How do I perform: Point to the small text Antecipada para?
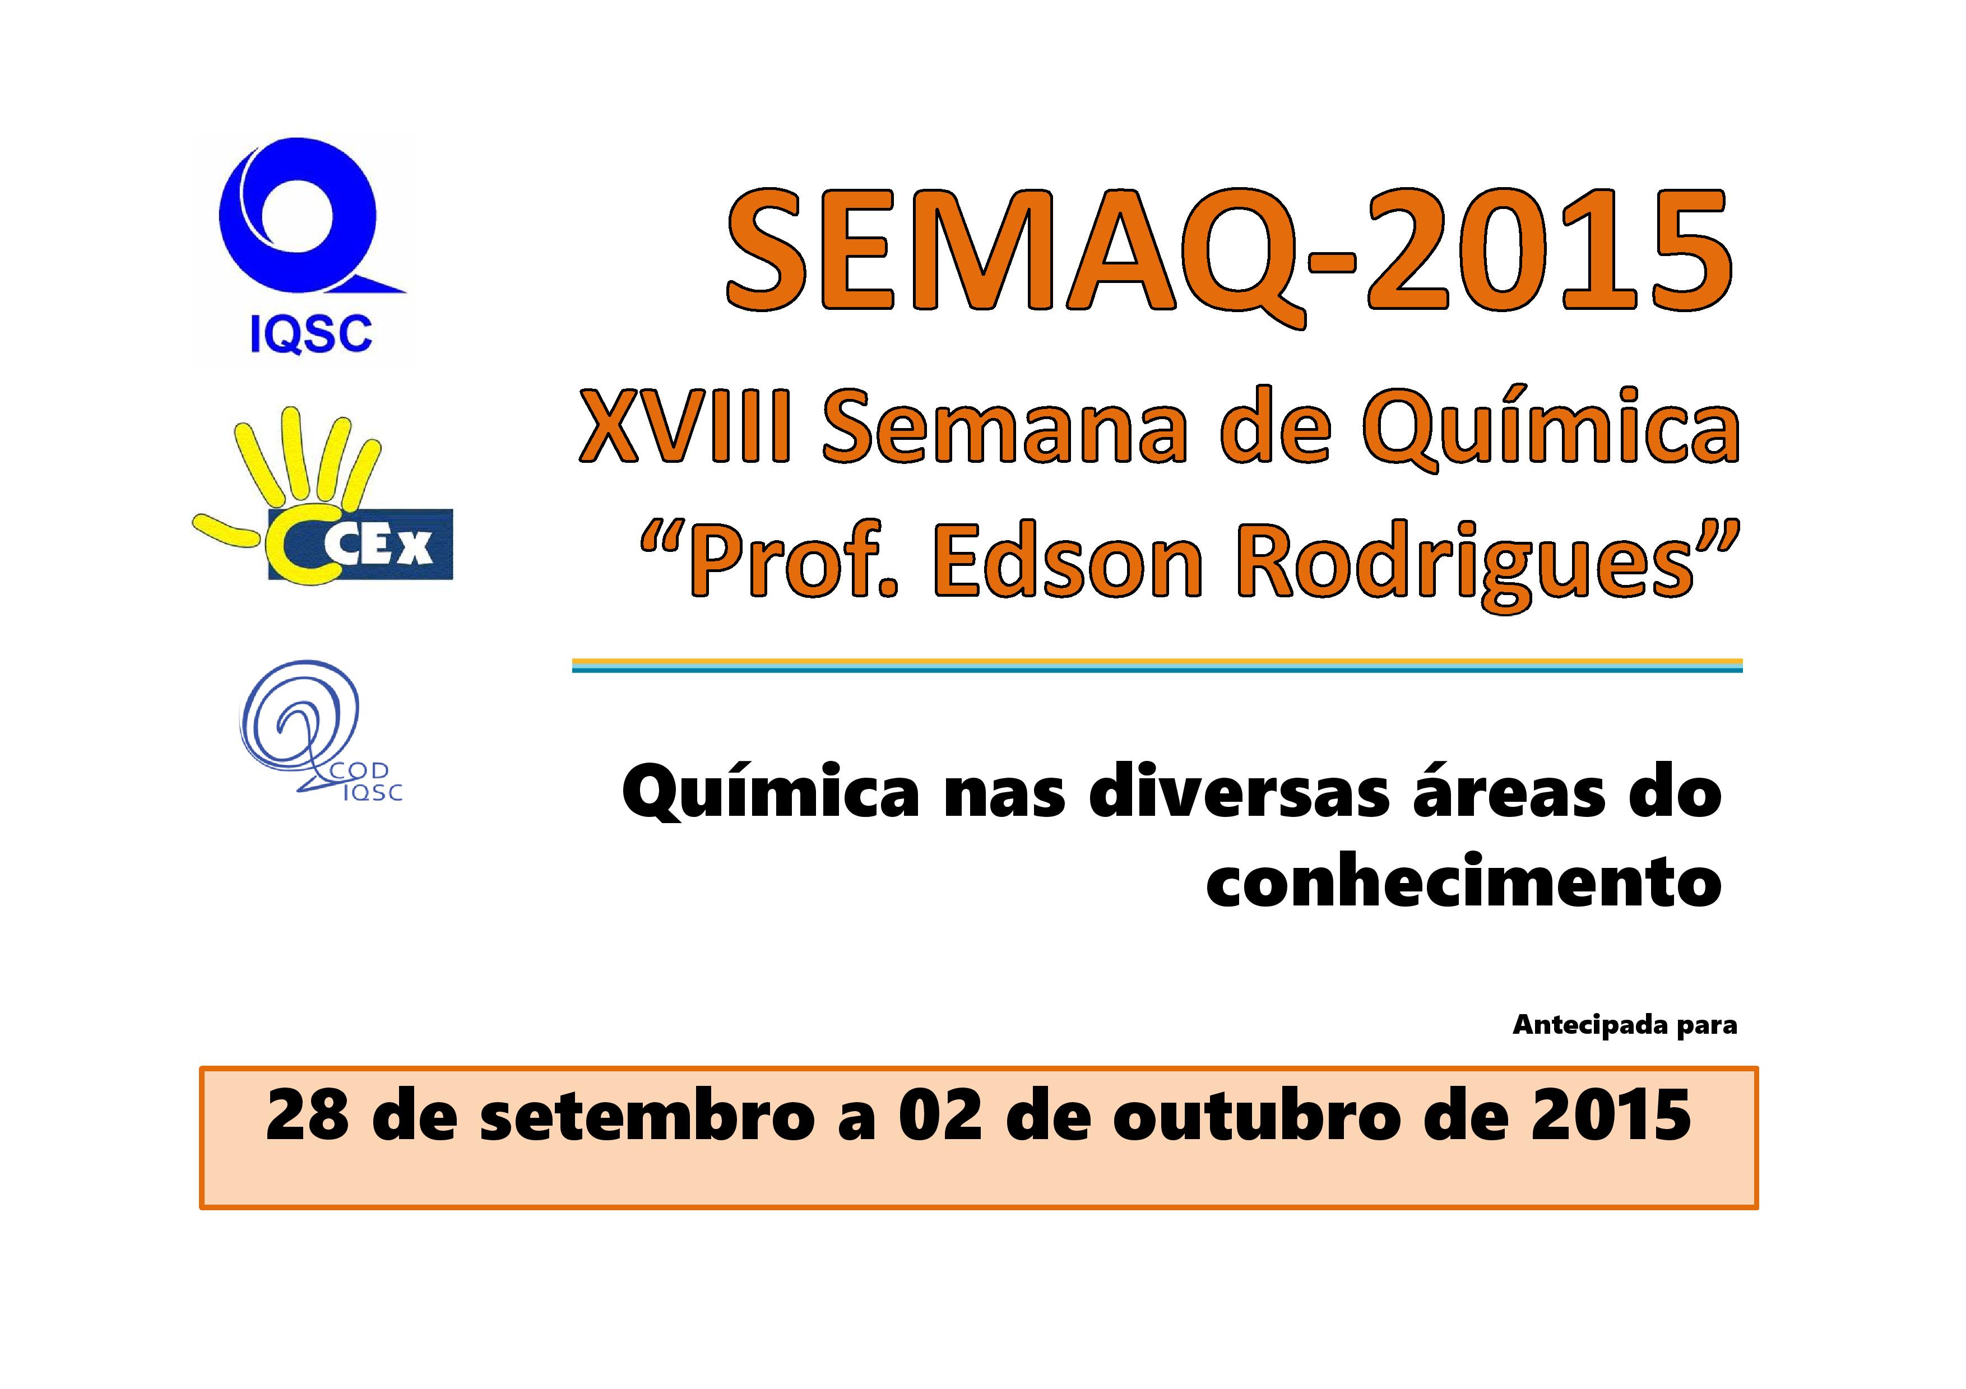1624,1025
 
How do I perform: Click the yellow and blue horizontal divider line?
1157,665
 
